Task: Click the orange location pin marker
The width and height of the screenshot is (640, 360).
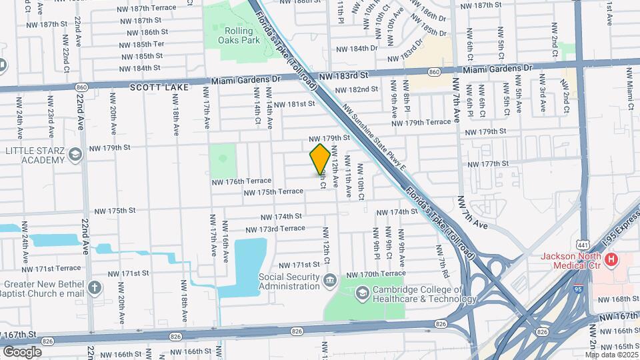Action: (320, 159)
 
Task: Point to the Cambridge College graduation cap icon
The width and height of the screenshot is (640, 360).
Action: (362, 291)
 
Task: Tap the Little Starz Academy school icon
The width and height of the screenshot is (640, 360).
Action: (75, 155)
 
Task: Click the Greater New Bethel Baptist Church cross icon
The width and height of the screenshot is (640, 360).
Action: (95, 288)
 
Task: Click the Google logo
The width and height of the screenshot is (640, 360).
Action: (22, 351)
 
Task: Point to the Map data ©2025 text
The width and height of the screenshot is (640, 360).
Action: (609, 355)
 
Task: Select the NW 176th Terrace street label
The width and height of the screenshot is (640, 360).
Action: (241, 181)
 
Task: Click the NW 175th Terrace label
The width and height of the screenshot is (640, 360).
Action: (273, 192)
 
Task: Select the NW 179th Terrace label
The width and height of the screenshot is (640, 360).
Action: (421, 123)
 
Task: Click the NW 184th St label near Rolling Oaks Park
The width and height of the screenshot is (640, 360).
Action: (138, 69)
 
